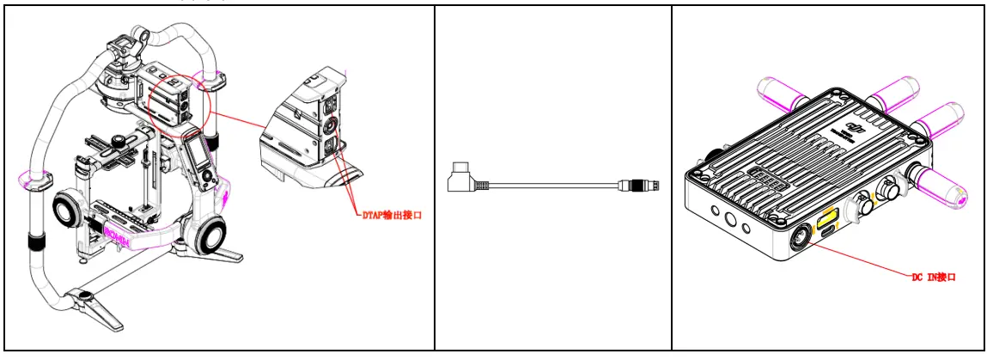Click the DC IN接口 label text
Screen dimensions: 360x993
click(x=933, y=278)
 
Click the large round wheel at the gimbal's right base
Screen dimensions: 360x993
click(x=211, y=236)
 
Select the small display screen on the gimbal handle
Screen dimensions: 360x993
click(x=196, y=160)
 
